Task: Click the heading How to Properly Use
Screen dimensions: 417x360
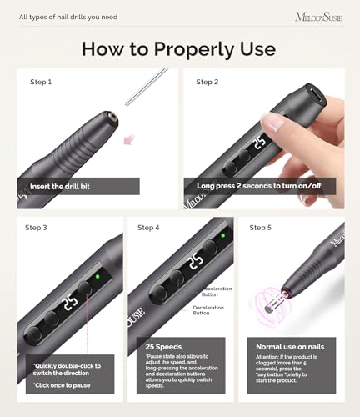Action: (x=180, y=48)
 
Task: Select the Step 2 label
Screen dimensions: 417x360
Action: (x=207, y=82)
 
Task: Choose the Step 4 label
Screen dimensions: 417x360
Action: (x=148, y=227)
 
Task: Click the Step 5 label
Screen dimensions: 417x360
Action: (x=261, y=227)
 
